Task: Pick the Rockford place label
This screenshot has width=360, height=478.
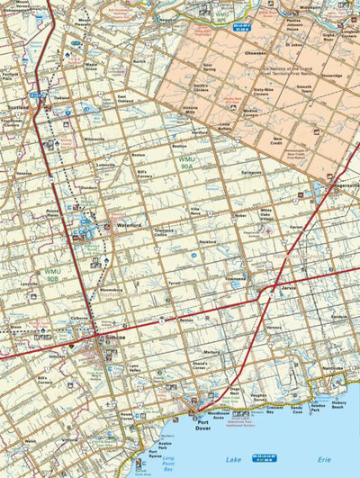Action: [209, 241]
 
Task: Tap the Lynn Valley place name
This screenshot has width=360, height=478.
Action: [137, 366]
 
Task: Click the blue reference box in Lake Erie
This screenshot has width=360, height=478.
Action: [264, 458]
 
